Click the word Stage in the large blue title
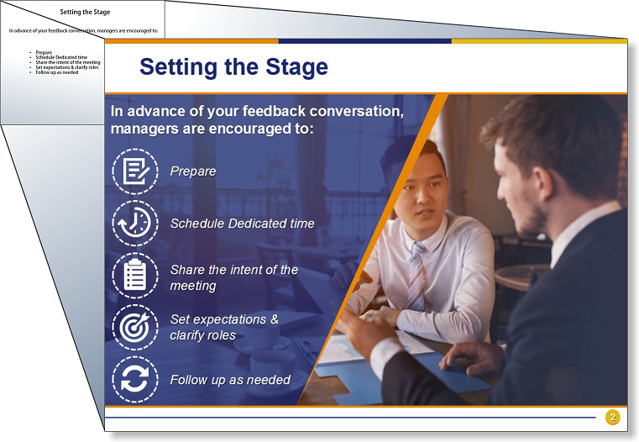(x=296, y=68)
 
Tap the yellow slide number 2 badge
(x=612, y=417)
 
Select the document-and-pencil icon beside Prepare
(x=135, y=171)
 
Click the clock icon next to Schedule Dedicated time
(x=135, y=223)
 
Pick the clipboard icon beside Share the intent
(x=135, y=276)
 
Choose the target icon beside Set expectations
(x=135, y=327)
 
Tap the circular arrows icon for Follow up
(x=135, y=379)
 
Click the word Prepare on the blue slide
(x=193, y=171)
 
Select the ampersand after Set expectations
(x=275, y=319)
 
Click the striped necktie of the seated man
(x=416, y=277)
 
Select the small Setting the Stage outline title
(x=85, y=13)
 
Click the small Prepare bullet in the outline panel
(x=44, y=52)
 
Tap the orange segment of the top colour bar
(x=191, y=41)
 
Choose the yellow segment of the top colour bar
(x=539, y=41)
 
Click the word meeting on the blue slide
(x=193, y=286)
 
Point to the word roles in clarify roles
(x=222, y=335)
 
